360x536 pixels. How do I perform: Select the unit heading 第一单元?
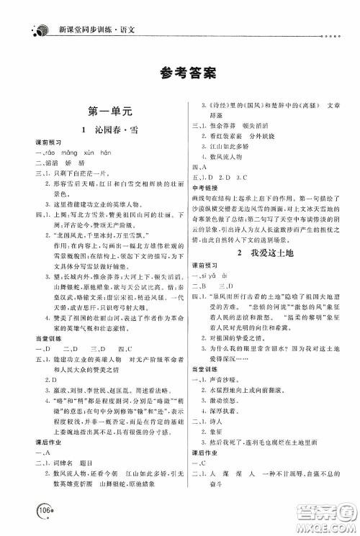pyautogui.click(x=105, y=112)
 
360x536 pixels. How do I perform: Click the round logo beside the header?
pyautogui.click(x=41, y=11)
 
